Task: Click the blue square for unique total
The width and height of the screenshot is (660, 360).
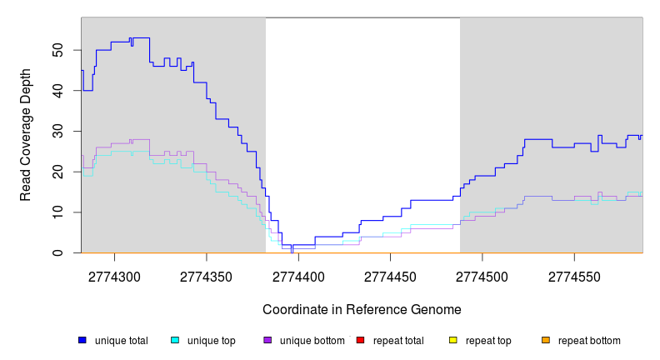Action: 82,340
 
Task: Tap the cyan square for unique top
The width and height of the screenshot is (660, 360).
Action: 175,340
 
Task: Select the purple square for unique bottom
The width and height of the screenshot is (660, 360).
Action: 267,340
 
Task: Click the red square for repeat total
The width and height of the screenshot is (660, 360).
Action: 360,340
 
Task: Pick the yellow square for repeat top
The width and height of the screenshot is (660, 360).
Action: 453,340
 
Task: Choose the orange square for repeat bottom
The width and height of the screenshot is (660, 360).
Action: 546,340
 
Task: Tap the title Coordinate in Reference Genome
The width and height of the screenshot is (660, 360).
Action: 362,309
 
